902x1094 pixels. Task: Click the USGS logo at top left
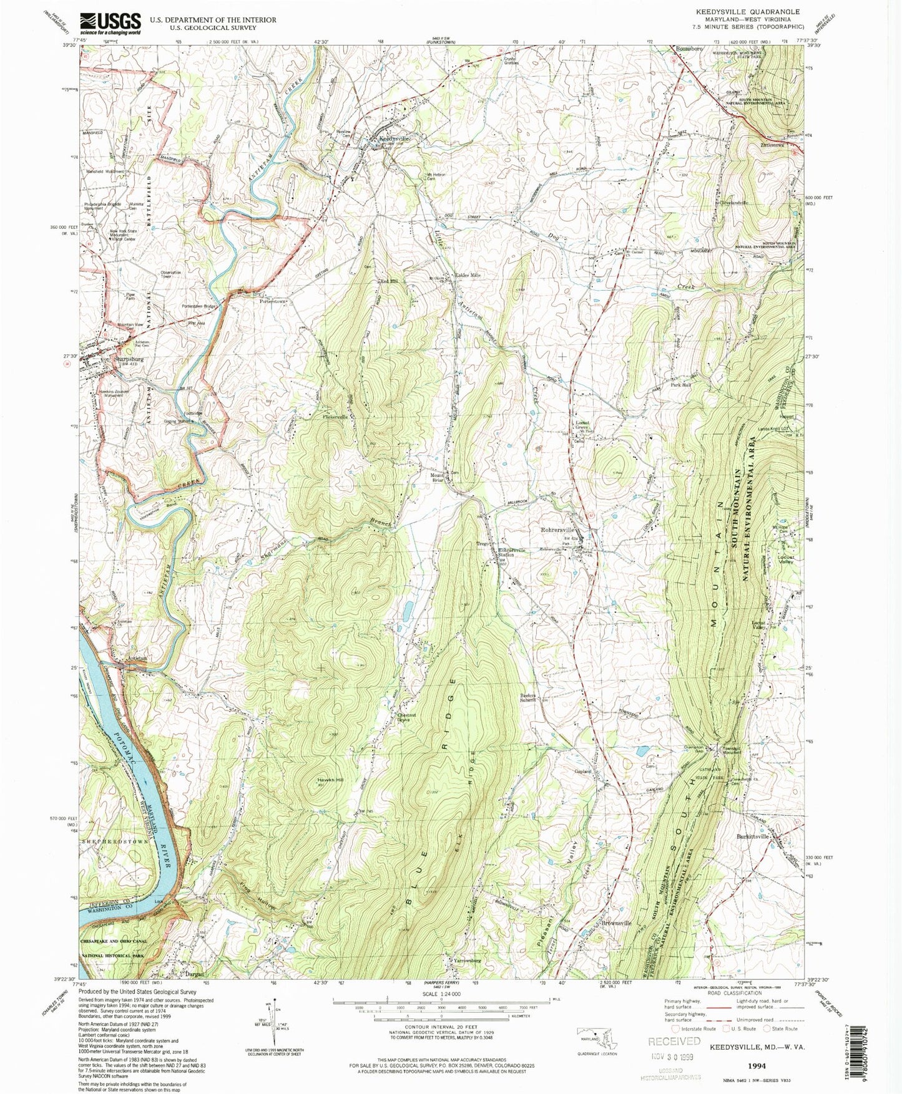[x=109, y=24]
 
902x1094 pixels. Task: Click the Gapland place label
[x=583, y=771]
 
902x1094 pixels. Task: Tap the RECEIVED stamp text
[x=674, y=1041]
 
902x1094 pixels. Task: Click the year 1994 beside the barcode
[x=757, y=1066]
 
